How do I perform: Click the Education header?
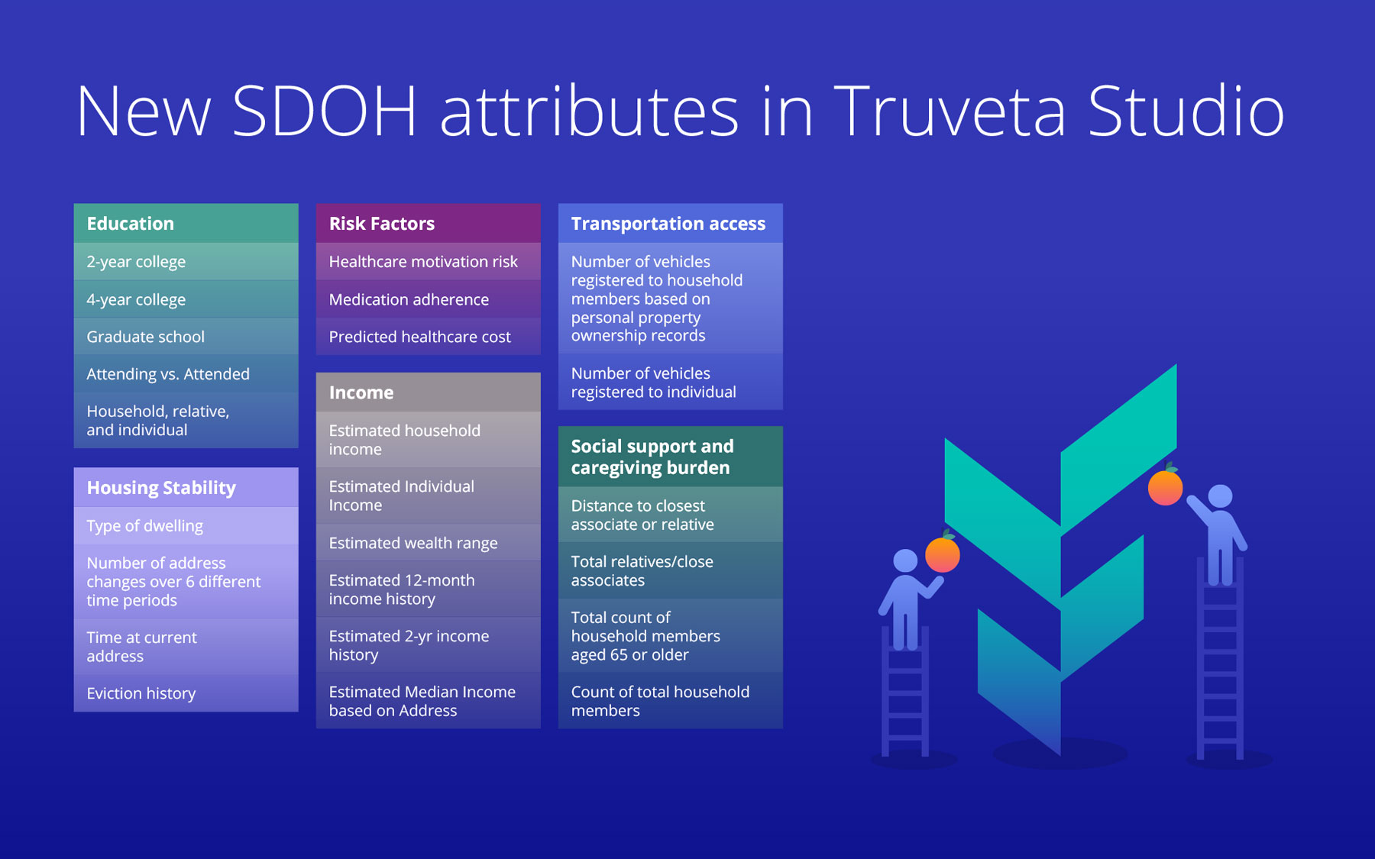186,223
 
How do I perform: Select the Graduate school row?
186,337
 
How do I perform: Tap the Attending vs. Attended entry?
186,374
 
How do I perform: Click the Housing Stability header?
186,487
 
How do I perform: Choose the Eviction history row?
186,693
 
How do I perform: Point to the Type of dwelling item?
186,526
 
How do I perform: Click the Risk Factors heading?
428,223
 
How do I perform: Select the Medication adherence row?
428,299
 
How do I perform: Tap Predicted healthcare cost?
428,337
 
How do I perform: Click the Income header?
428,392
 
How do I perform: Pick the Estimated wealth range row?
428,543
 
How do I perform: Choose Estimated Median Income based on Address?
428,701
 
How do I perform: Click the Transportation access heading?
670,223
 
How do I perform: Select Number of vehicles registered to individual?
670,383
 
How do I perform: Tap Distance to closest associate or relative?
670,515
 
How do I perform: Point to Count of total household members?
670,701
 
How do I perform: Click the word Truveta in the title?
950,111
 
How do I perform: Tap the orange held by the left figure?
943,554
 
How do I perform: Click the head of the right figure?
1220,496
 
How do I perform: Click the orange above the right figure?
1166,486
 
